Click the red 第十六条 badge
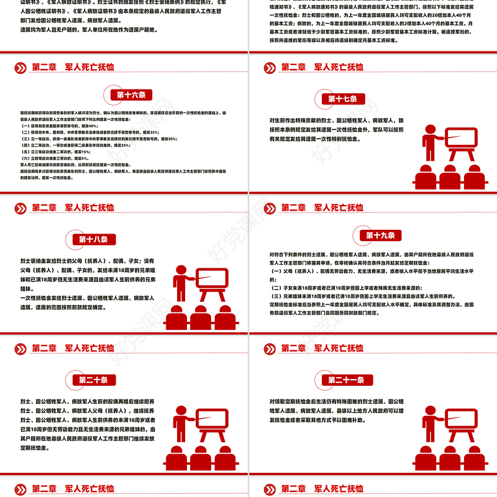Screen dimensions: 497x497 tap(131, 95)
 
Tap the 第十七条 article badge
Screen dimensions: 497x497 tap(342, 99)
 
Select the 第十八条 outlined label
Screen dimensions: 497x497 tap(93, 239)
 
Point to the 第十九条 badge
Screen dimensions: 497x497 tap(380, 235)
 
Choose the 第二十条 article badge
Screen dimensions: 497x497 tap(94, 380)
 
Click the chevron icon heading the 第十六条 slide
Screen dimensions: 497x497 tap(20, 67)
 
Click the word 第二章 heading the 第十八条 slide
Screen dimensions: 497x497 tap(44, 207)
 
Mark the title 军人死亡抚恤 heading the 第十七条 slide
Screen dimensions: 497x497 tap(338, 67)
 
